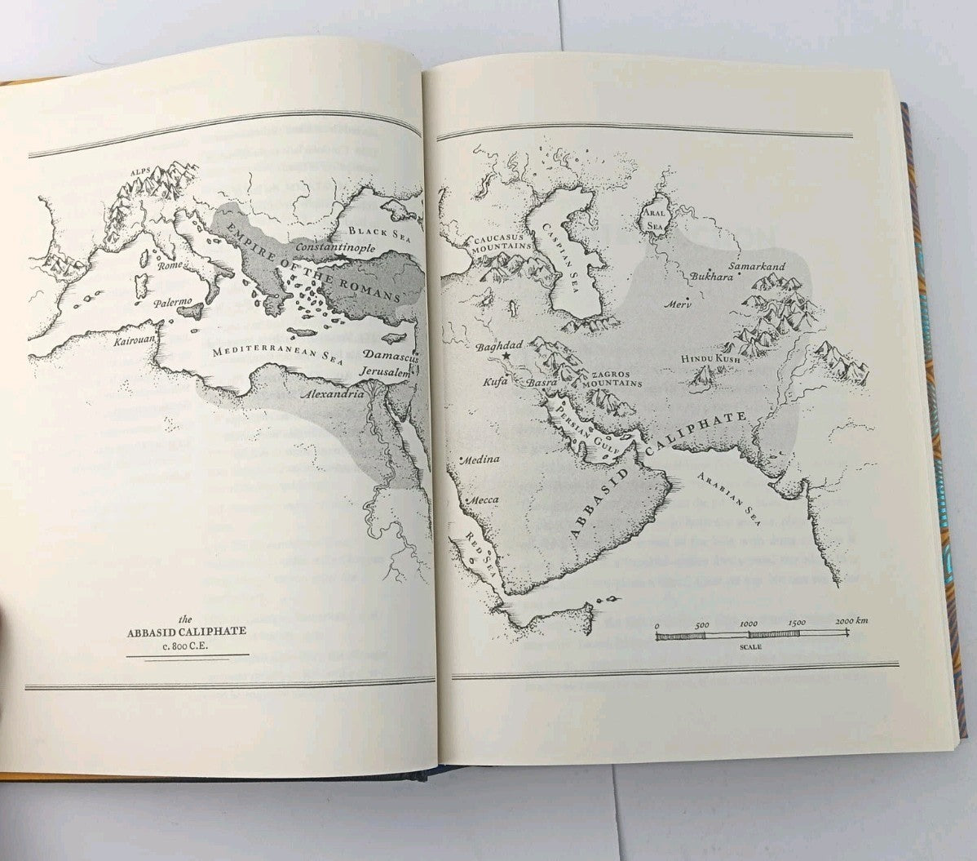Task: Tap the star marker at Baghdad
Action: click(x=506, y=357)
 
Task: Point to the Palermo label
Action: click(x=172, y=303)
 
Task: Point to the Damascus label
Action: click(x=391, y=357)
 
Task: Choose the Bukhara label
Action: click(x=712, y=277)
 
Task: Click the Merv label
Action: click(x=678, y=304)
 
